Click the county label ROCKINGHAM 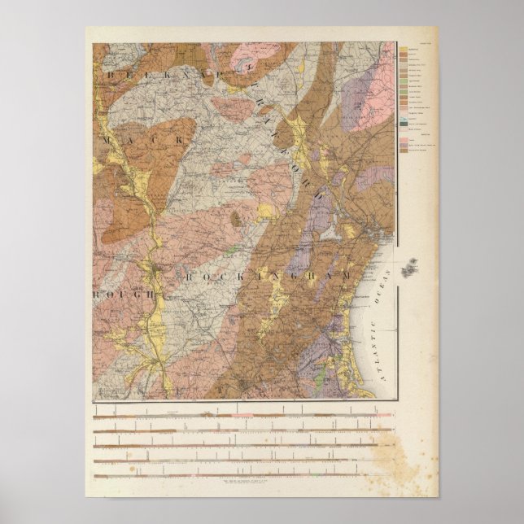pos(269,277)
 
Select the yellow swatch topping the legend pos(403,50)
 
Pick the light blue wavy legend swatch pos(403,128)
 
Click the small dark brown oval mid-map pos(236,218)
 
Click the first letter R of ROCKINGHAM pos(186,277)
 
